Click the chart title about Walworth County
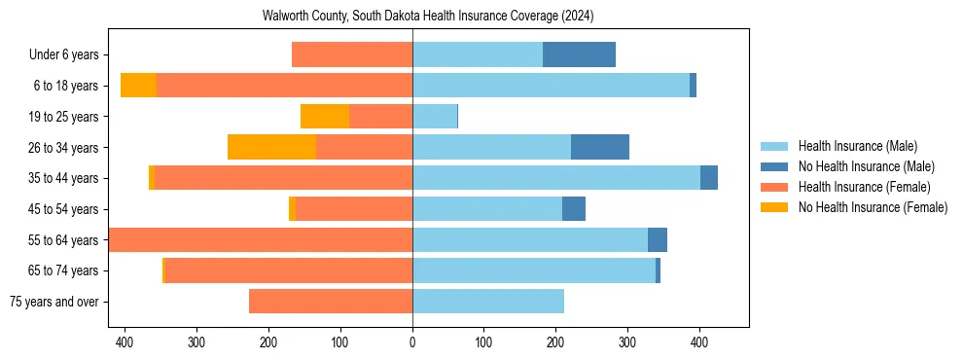(x=428, y=17)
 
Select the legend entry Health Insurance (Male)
(x=856, y=146)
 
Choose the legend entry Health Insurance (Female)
(x=864, y=187)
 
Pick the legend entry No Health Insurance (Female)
(x=873, y=207)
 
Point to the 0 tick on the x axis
(x=412, y=342)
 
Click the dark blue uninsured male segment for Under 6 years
(x=579, y=54)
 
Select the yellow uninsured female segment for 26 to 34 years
(x=271, y=147)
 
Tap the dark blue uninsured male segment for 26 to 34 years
(x=599, y=147)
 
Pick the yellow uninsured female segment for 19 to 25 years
(x=325, y=117)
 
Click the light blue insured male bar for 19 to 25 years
(x=434, y=117)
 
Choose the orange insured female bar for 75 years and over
(x=331, y=302)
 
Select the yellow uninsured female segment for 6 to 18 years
(x=138, y=86)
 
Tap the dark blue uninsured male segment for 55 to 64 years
(x=658, y=239)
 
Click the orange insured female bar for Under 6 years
(x=352, y=54)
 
